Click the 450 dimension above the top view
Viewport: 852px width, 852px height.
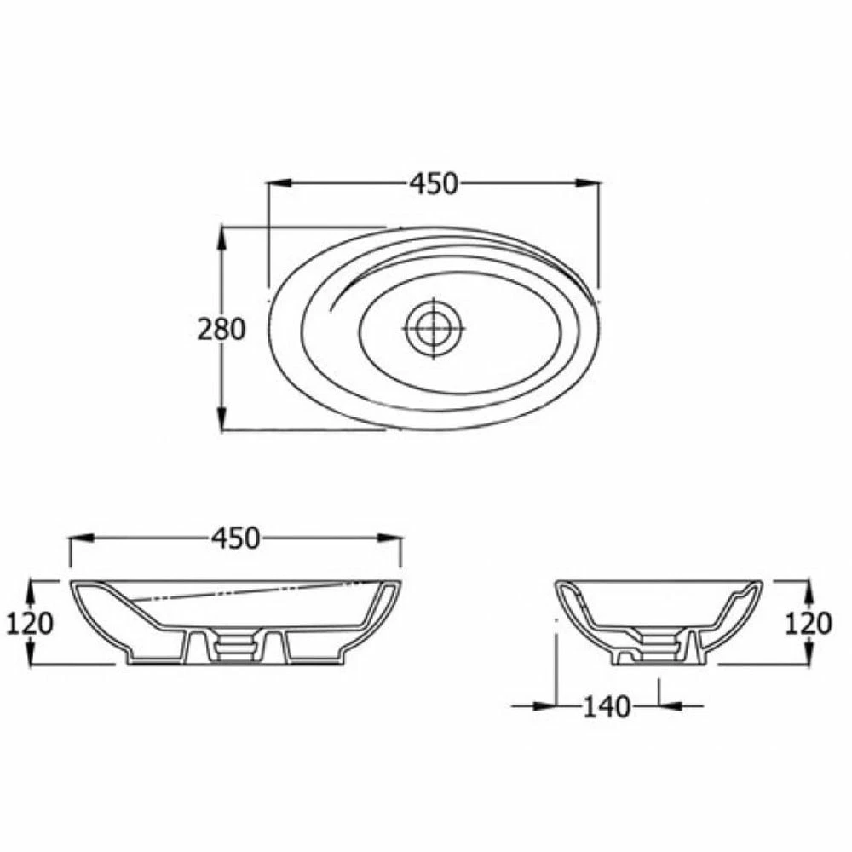(434, 183)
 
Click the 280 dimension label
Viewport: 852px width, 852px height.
(222, 329)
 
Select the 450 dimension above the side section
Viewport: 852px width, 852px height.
(234, 538)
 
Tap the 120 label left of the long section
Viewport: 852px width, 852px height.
(30, 624)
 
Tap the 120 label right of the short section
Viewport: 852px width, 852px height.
(808, 624)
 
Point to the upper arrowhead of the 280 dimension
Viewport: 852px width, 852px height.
(222, 238)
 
